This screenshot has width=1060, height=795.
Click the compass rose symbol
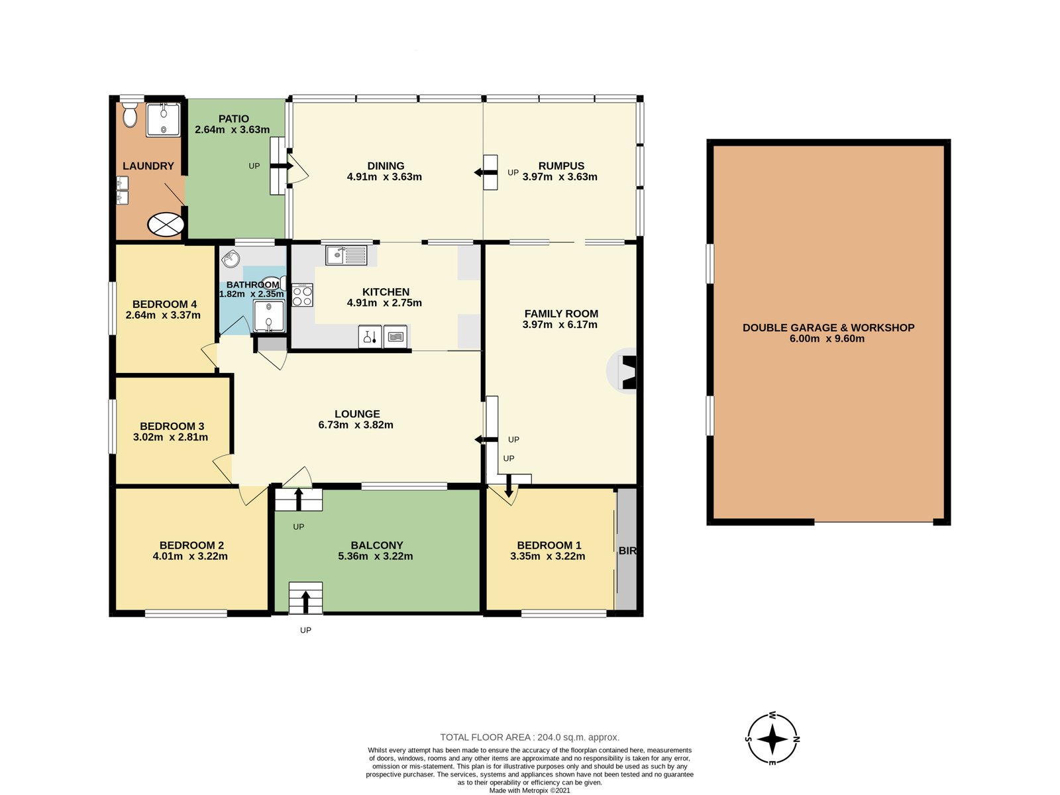(772, 739)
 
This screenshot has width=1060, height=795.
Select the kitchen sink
(346, 255)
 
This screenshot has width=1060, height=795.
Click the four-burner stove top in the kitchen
(302, 295)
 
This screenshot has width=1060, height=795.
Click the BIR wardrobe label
(627, 551)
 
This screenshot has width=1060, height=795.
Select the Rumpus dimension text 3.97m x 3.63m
(560, 177)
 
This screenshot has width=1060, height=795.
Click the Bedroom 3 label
(172, 426)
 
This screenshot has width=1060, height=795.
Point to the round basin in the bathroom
(231, 260)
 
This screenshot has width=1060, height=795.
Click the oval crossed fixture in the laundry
(166, 225)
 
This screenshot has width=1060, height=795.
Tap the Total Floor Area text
(529, 737)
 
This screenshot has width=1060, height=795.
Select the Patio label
(234, 119)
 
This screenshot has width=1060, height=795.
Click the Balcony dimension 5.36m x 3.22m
(375, 556)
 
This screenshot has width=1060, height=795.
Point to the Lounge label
(357, 414)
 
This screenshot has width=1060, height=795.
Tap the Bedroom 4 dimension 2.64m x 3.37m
(163, 315)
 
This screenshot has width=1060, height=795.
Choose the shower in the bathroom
(269, 316)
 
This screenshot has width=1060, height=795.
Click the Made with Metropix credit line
(529, 790)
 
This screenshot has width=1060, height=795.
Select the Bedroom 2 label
(191, 545)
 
